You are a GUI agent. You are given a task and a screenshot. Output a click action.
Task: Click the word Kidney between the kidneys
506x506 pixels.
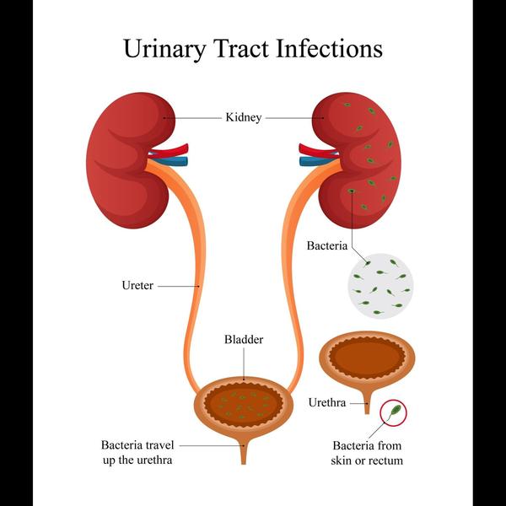pyautogui.click(x=244, y=117)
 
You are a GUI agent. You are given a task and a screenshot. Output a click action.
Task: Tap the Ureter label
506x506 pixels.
pyautogui.click(x=137, y=285)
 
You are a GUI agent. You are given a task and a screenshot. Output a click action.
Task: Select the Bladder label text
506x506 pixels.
pyautogui.click(x=244, y=340)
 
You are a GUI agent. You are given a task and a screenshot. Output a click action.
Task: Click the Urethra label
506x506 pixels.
pyautogui.click(x=327, y=402)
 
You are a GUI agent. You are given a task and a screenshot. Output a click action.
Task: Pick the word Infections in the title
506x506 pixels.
pyautogui.click(x=330, y=48)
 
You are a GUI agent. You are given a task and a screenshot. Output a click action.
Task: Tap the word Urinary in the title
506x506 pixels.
pyautogui.click(x=164, y=49)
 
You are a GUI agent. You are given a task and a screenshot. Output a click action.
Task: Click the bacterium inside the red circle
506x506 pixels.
pyautogui.click(x=395, y=412)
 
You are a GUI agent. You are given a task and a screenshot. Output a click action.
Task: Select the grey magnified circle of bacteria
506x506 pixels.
pyautogui.click(x=380, y=286)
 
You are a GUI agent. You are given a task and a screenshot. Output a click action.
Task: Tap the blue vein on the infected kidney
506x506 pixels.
pyautogui.click(x=319, y=161)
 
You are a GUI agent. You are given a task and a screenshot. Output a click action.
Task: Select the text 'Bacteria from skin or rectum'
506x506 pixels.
pyautogui.click(x=367, y=453)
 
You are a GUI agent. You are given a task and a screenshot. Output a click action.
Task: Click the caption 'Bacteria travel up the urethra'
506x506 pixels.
pyautogui.click(x=137, y=452)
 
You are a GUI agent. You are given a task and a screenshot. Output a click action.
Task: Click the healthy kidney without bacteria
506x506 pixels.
pyautogui.click(x=129, y=160)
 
